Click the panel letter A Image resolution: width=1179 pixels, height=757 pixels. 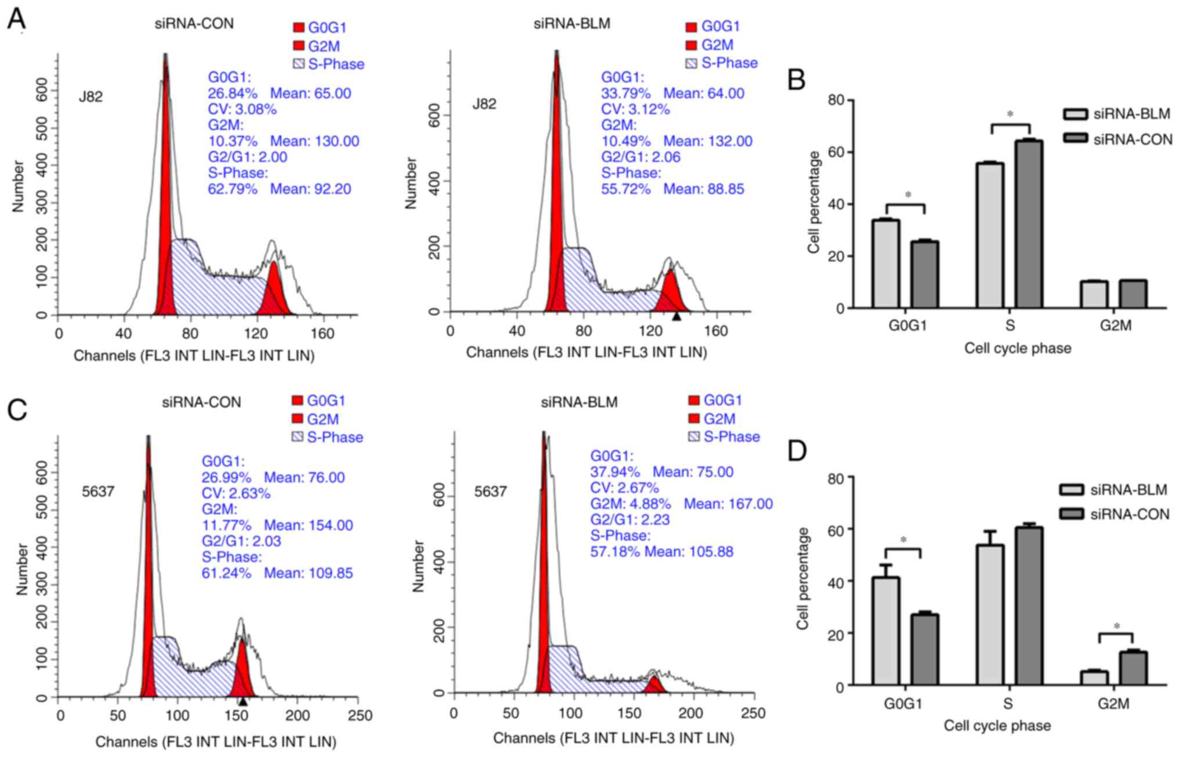pos(16,19)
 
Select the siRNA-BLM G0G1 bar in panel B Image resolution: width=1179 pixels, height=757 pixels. pos(886,264)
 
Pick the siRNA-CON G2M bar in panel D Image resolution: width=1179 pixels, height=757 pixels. pos(1133,668)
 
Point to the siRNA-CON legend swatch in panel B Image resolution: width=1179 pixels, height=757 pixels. pos(1075,139)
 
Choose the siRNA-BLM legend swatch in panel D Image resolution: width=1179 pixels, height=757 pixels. pos(1072,490)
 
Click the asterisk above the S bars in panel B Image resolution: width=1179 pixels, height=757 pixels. pos(1010,115)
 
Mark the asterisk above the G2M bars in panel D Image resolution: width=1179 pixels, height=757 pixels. pos(1116,626)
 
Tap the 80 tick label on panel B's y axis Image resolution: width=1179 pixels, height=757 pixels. pos(836,101)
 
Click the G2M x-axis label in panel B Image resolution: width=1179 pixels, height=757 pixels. pos(1115,325)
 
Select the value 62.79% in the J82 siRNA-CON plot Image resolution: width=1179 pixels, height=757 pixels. pos(232,189)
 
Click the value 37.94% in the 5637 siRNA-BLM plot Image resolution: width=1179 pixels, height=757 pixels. pos(615,472)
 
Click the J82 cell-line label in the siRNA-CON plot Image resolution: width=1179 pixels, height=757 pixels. pos(91,96)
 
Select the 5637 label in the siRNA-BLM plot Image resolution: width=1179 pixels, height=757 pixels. pos(490,492)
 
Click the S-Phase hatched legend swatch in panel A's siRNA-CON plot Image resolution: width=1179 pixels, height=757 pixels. pos(298,64)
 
